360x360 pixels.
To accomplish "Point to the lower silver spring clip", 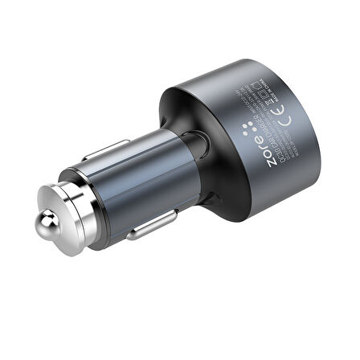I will click(x=153, y=224).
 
